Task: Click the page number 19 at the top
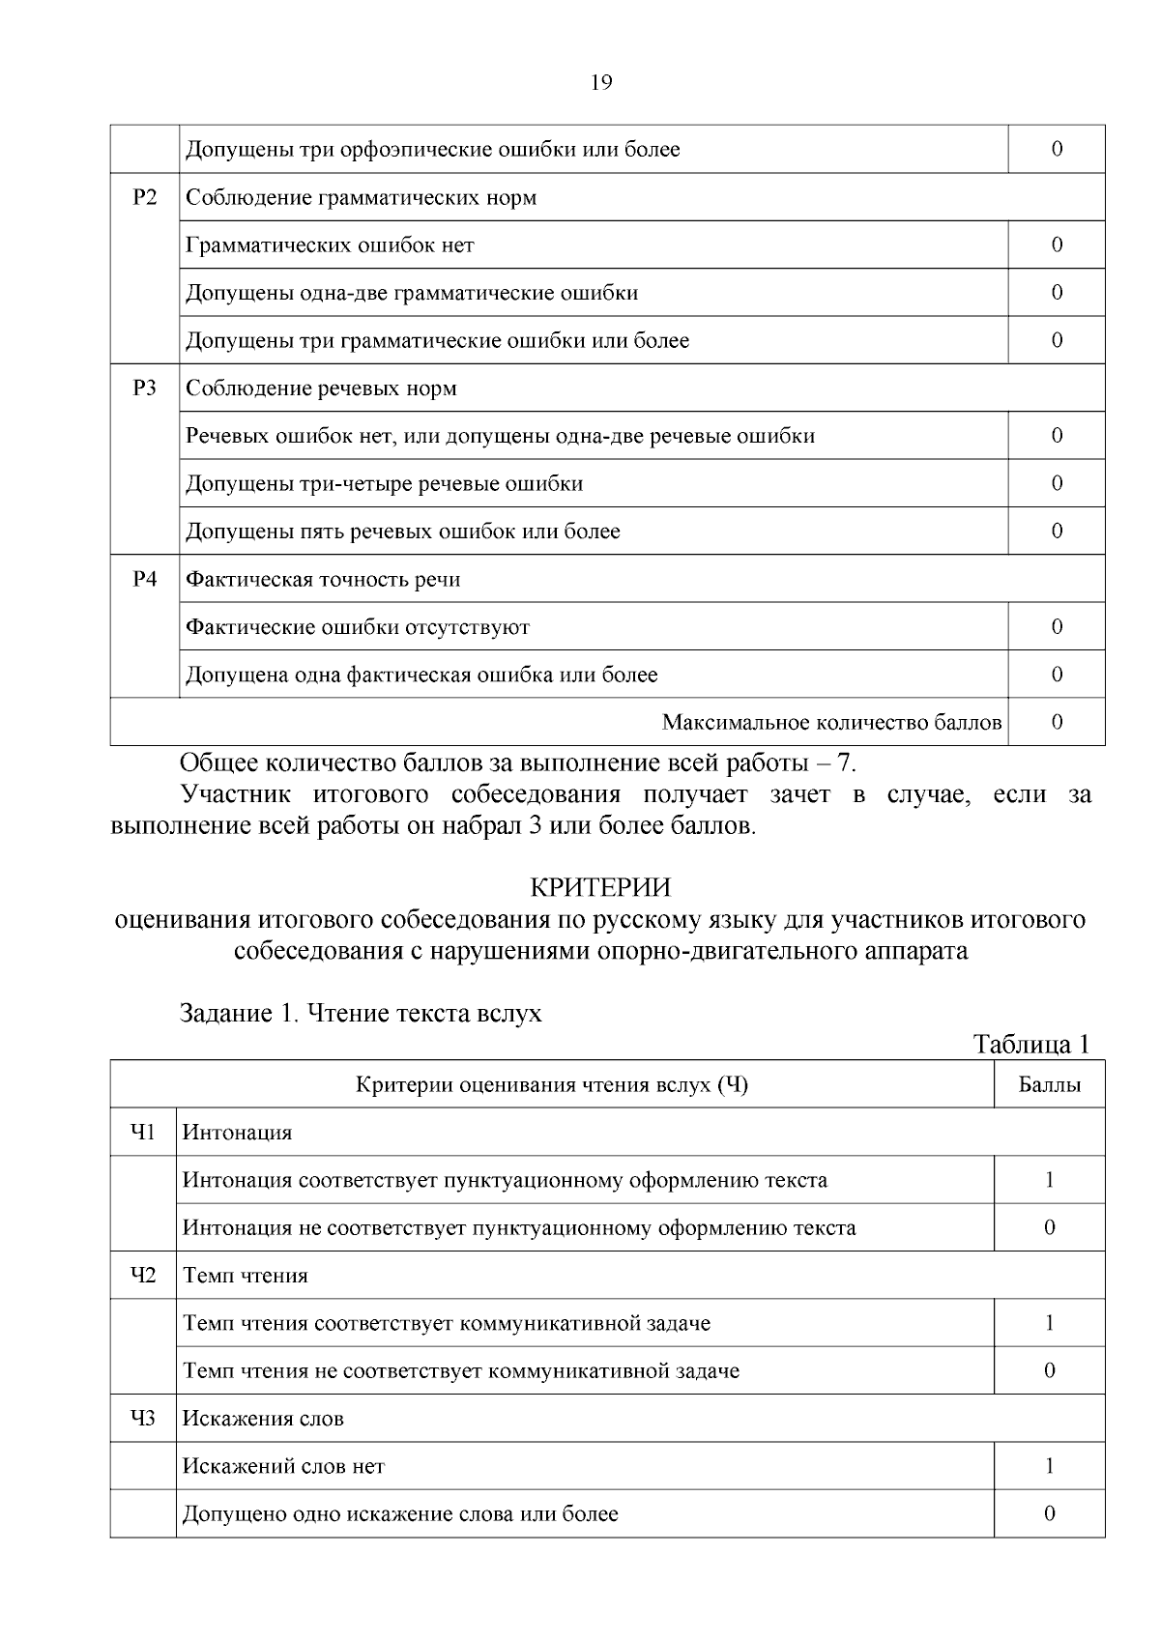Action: point(600,82)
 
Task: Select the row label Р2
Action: point(144,197)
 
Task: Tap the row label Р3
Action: point(144,388)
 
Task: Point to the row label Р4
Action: point(144,579)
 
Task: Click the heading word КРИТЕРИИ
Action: point(599,886)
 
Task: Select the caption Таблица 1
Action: point(1031,1044)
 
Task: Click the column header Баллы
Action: point(1049,1084)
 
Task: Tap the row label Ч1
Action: point(143,1132)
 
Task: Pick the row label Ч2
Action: point(143,1276)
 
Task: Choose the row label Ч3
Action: point(143,1419)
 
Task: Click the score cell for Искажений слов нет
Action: point(1049,1466)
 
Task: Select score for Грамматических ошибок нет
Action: point(1057,245)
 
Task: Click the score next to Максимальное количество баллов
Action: point(1057,722)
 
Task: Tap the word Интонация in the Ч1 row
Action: point(238,1133)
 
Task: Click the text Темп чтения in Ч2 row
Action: point(246,1276)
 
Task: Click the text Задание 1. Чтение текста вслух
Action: point(361,1013)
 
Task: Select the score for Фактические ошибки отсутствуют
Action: point(1057,626)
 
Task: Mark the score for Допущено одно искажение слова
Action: point(1049,1513)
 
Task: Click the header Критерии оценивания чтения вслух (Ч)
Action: point(552,1084)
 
